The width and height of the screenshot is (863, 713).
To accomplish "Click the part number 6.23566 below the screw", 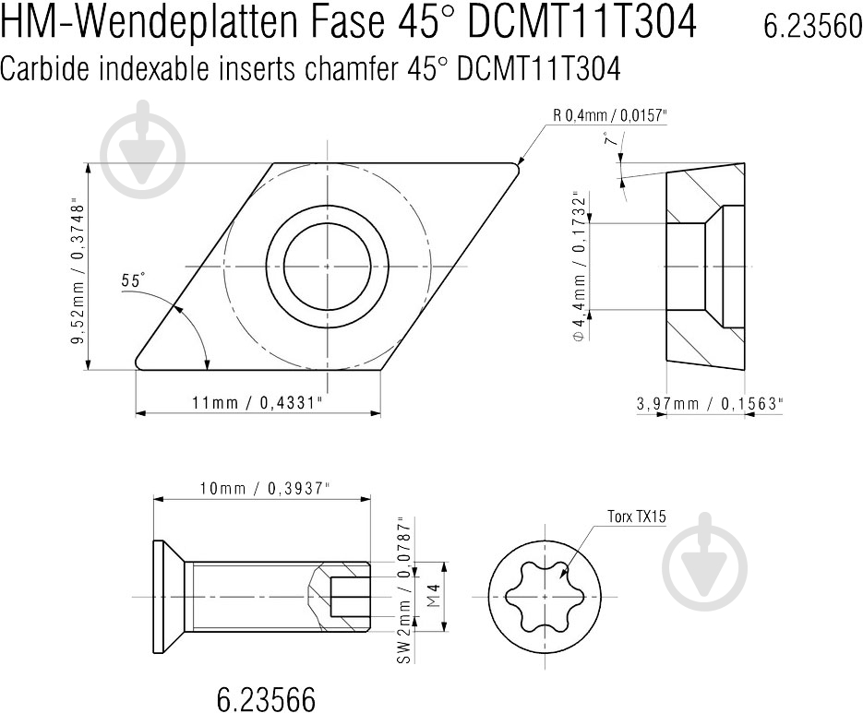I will (x=266, y=698).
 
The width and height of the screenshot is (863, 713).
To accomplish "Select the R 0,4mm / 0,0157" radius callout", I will (x=609, y=115).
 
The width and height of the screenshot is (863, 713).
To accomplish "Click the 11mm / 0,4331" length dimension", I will (x=258, y=403).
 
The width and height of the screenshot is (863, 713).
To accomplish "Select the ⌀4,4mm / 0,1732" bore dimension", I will (x=579, y=267).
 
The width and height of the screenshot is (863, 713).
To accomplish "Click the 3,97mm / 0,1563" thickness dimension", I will (x=710, y=403).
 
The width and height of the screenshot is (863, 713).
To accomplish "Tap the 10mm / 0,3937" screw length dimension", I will (x=261, y=489).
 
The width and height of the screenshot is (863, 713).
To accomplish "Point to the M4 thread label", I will (x=430, y=598).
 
